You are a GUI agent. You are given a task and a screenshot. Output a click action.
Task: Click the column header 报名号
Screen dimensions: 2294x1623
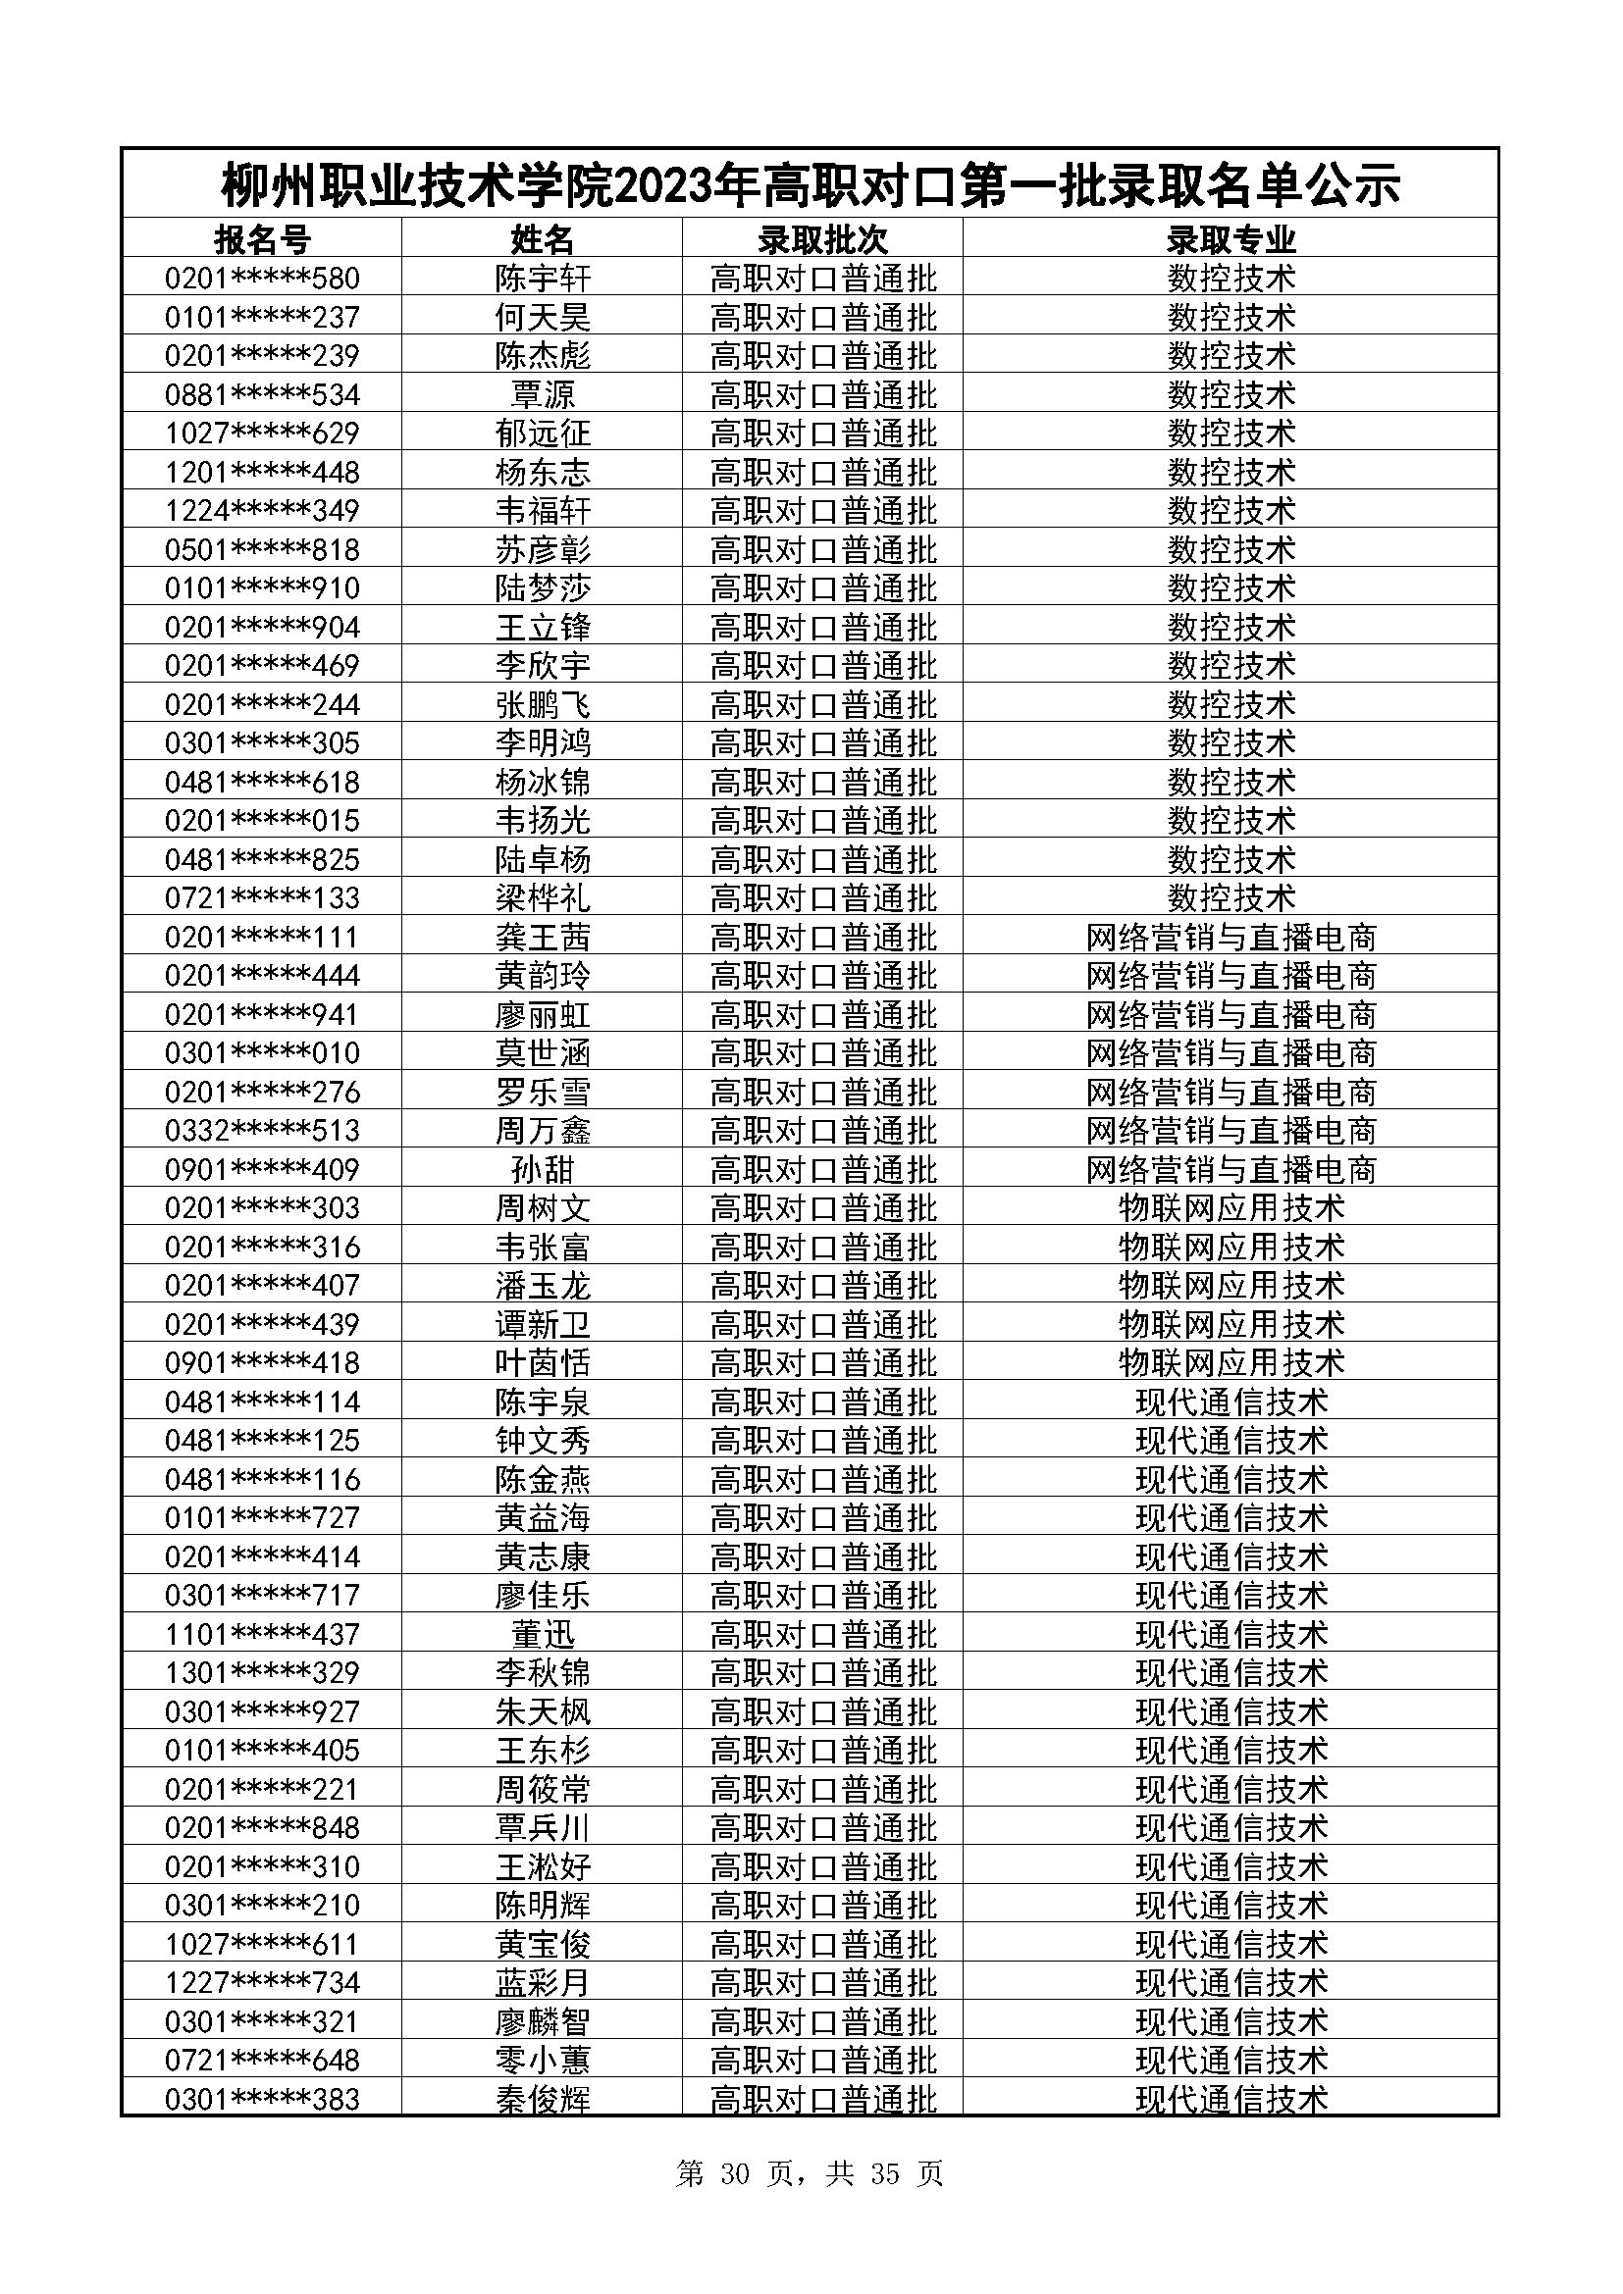tap(262, 238)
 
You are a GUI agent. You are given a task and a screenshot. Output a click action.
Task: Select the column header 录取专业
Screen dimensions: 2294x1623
tap(1230, 238)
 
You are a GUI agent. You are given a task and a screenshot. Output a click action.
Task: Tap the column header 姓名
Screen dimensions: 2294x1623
tap(543, 238)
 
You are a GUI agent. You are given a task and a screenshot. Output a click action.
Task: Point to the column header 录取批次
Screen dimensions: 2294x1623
tap(822, 238)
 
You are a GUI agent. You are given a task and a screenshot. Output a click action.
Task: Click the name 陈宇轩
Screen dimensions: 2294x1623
tap(543, 278)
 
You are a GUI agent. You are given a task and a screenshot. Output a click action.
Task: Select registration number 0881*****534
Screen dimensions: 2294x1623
tap(262, 394)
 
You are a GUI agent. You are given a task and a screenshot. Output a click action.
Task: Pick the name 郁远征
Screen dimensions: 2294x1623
tap(543, 433)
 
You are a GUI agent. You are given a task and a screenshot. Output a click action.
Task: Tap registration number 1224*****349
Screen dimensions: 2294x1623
tap(262, 511)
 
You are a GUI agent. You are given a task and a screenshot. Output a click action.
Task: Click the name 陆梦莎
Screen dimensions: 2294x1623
tap(543, 587)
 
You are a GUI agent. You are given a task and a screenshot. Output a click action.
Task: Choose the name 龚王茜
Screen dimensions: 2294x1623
tap(543, 938)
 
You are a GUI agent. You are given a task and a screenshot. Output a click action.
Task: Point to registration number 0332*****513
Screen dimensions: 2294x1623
tap(262, 1130)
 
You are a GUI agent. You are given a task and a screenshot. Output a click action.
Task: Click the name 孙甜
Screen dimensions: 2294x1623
tap(543, 1169)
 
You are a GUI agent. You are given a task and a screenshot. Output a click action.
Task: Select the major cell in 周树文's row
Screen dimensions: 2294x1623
tap(1230, 1208)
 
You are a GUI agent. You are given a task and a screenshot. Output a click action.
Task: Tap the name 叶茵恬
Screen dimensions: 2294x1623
tap(543, 1363)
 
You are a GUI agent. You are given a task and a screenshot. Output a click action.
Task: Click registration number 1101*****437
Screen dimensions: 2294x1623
tap(262, 1635)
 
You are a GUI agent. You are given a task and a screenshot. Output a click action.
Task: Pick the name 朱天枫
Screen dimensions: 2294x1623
tap(543, 1711)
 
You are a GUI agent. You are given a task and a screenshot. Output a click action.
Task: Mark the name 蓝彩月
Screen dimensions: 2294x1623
tap(543, 1982)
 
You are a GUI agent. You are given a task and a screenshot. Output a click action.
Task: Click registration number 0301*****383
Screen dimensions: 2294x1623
tap(262, 2099)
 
